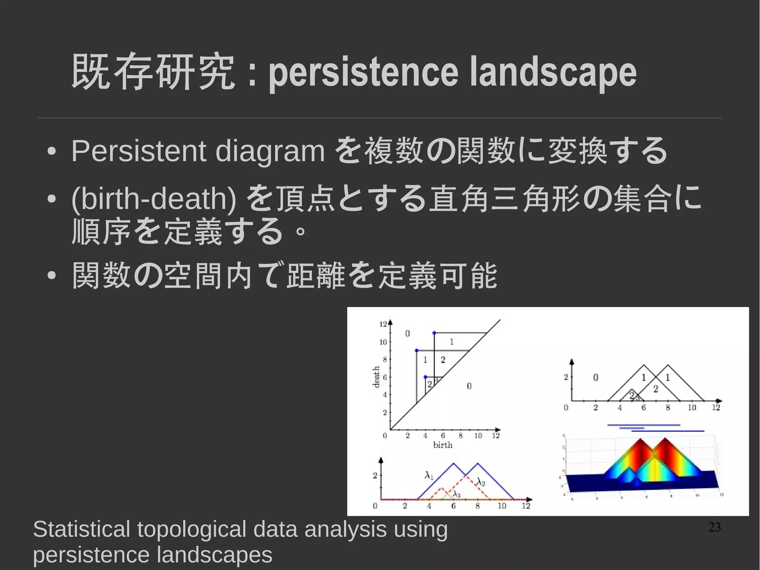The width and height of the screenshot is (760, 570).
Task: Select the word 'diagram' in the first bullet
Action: pyautogui.click(x=270, y=152)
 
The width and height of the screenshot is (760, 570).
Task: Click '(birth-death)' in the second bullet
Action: pyautogui.click(x=154, y=199)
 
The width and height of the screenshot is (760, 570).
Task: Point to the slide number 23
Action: pyautogui.click(x=714, y=527)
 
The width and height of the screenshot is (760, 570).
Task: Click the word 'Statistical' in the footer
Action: pyautogui.click(x=81, y=529)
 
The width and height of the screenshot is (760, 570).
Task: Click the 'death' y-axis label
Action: pyautogui.click(x=376, y=377)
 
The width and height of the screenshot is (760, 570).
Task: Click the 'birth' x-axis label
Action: pyautogui.click(x=443, y=445)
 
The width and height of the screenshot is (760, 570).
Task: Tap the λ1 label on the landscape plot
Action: pyautogui.click(x=429, y=475)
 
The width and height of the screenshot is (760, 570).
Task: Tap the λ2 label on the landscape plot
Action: pyautogui.click(x=481, y=482)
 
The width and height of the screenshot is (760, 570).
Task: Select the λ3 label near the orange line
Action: pyautogui.click(x=456, y=494)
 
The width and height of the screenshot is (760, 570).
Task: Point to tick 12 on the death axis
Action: pyautogui.click(x=383, y=324)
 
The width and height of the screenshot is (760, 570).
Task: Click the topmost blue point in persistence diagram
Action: pyautogui.click(x=434, y=333)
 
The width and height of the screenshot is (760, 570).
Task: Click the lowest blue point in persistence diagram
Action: pyautogui.click(x=425, y=377)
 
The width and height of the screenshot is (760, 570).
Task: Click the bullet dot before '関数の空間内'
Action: pyautogui.click(x=52, y=276)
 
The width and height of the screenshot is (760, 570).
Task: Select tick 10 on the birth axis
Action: pyautogui.click(x=478, y=436)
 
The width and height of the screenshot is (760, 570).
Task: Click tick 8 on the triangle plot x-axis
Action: pyautogui.click(x=668, y=408)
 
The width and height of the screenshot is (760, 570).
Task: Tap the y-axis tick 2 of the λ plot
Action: pyautogui.click(x=375, y=475)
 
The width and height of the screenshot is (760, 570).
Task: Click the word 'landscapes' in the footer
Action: pyautogui.click(x=214, y=555)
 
